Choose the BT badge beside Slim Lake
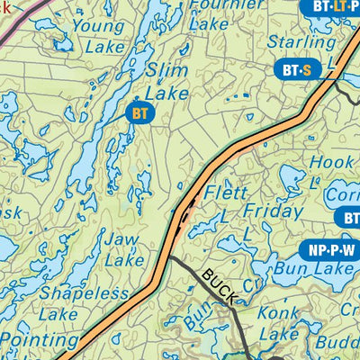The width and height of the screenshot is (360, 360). [x=139, y=113]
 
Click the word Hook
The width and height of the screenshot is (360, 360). [x=332, y=162]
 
